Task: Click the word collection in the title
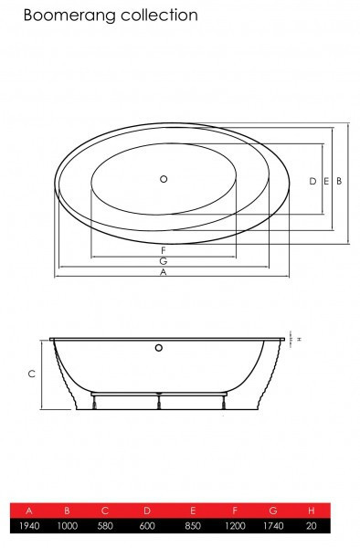159,15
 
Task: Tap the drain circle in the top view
164,179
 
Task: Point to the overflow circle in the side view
159,348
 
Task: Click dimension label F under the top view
164,250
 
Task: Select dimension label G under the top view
164,261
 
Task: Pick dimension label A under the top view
164,272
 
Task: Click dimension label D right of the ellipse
312,181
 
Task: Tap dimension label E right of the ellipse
326,181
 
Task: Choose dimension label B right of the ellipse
339,181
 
